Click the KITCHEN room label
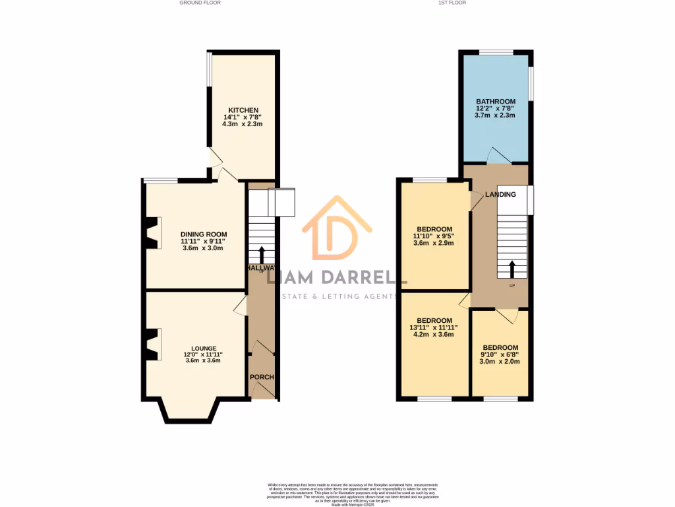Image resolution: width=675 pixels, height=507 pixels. (243, 110)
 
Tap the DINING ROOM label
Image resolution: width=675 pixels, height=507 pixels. (204, 234)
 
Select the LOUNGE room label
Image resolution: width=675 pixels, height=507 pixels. (204, 347)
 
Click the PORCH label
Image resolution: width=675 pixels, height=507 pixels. (262, 377)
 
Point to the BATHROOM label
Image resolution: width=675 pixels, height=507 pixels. (495, 102)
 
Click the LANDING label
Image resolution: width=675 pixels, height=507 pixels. (500, 195)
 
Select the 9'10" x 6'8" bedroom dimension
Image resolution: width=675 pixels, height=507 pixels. (500, 355)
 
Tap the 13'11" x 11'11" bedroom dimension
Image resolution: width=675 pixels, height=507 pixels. (434, 327)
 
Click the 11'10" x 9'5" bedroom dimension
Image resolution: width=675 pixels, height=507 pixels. (434, 236)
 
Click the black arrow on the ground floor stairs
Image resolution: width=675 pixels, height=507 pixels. (262, 255)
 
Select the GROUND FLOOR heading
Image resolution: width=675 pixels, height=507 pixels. (200, 3)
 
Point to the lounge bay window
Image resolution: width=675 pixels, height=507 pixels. (189, 413)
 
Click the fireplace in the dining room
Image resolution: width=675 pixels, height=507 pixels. (152, 233)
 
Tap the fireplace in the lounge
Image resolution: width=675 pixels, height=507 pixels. (152, 345)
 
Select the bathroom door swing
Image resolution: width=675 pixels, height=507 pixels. (498, 155)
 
